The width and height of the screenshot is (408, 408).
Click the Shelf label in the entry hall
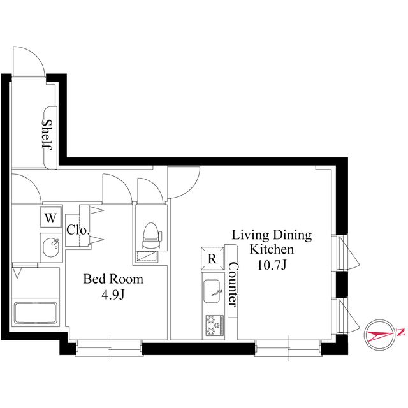click(47, 135)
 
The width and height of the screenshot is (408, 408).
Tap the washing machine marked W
click(50, 217)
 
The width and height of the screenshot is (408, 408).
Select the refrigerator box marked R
click(212, 258)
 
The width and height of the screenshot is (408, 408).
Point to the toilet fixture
click(151, 236)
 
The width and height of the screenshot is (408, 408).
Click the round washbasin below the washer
click(51, 247)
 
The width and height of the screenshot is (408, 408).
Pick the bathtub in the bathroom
click(36, 312)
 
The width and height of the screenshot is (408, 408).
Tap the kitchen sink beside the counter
click(212, 291)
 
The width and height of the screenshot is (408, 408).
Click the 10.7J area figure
click(272, 265)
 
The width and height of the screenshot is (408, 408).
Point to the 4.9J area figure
click(113, 295)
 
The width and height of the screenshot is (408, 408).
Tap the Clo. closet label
click(78, 229)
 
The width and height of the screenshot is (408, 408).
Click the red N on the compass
click(400, 332)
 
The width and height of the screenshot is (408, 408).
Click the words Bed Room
click(113, 279)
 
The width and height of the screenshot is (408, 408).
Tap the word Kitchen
click(272, 249)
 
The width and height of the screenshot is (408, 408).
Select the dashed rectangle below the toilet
click(147, 256)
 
